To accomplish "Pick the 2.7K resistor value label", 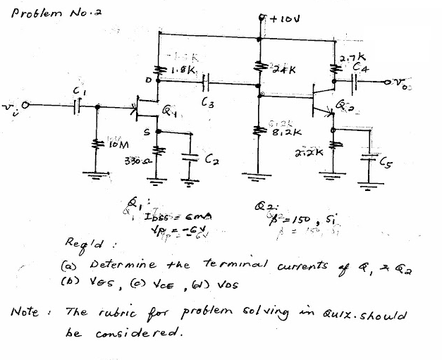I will [x=351, y=58].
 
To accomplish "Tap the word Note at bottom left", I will [x=27, y=311].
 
